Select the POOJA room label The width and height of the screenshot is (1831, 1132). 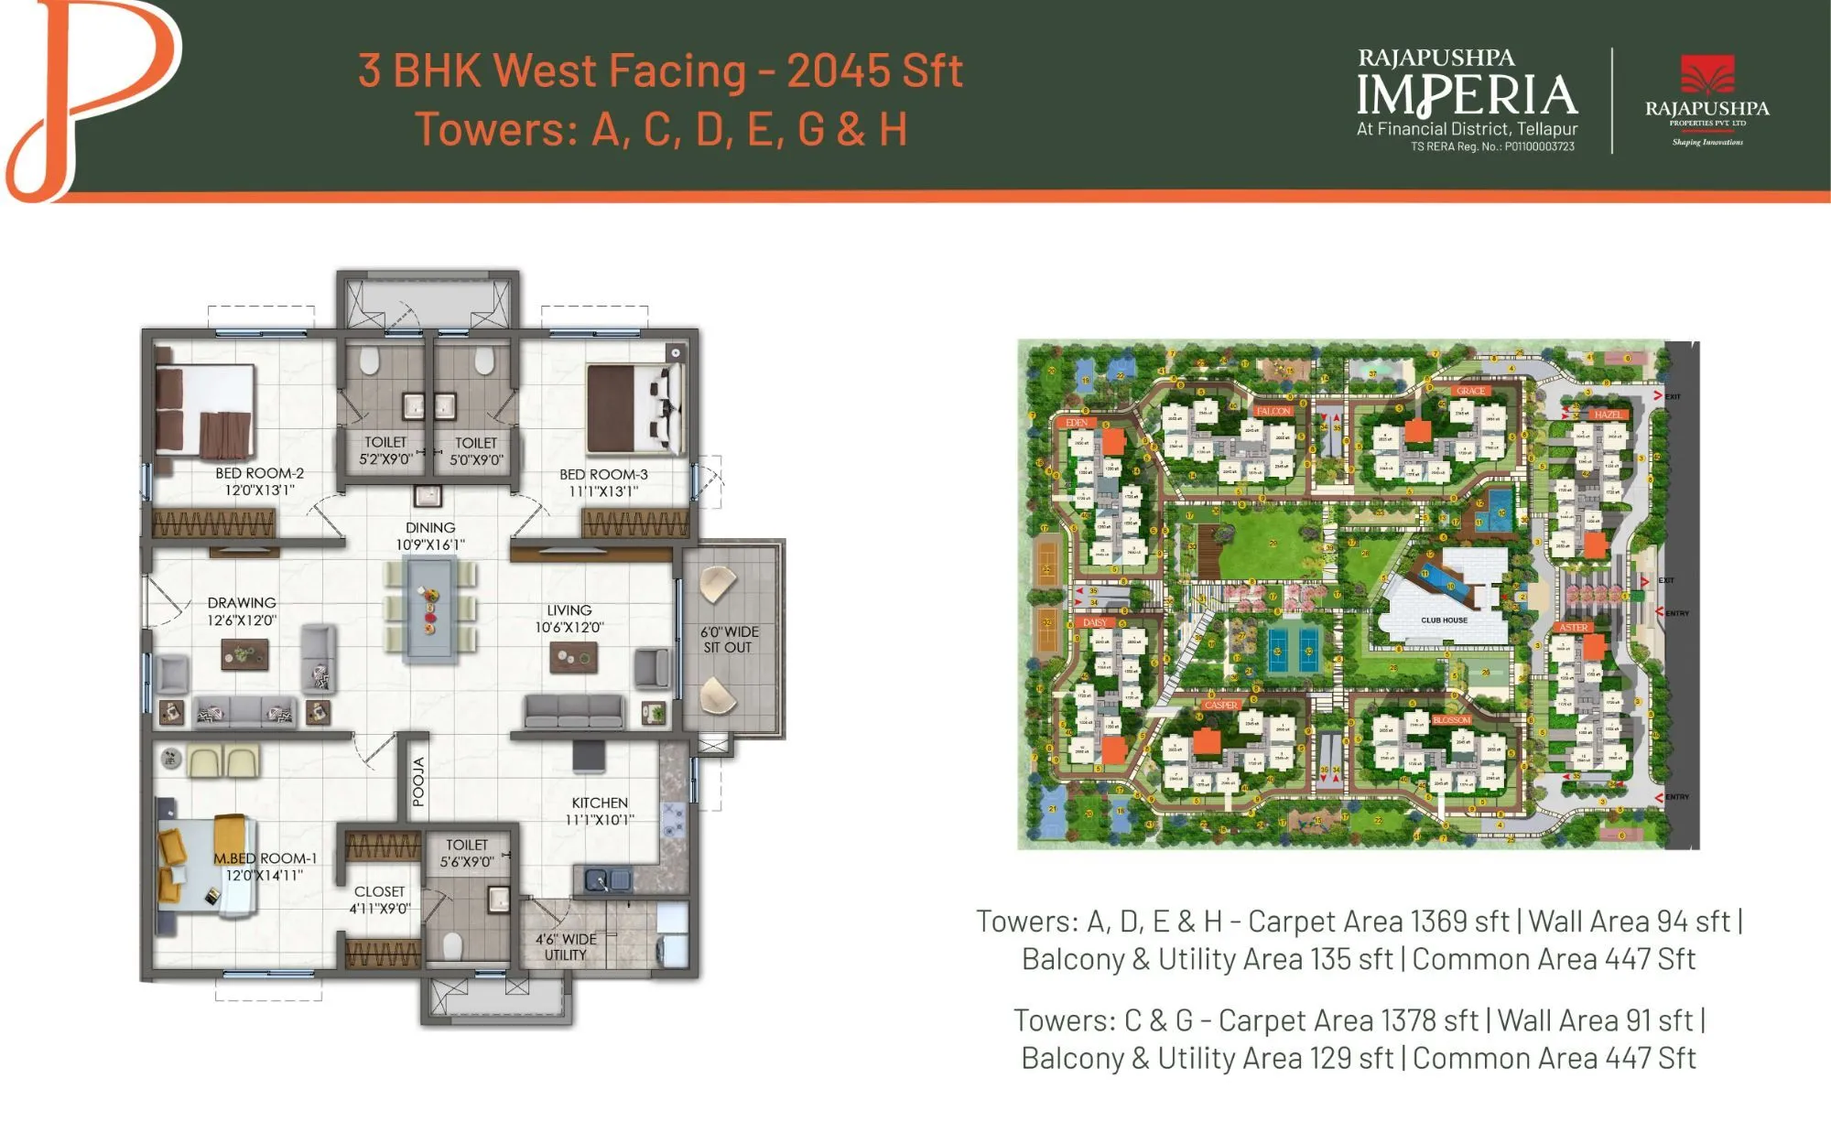click(418, 782)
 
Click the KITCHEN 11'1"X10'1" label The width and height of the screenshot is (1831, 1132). click(600, 811)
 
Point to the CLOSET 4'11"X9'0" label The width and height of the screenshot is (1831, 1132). click(379, 900)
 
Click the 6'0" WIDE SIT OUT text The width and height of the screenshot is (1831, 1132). click(729, 640)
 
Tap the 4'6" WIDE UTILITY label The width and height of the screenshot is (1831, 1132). click(566, 947)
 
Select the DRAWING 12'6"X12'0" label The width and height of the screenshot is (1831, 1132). click(242, 611)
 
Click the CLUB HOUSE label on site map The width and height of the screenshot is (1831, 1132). click(1444, 620)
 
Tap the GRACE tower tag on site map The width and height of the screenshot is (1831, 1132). click(1470, 391)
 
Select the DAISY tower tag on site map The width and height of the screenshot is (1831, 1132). click(1095, 622)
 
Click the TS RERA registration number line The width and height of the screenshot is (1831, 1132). click(1492, 146)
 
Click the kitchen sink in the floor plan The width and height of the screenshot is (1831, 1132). click(606, 880)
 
